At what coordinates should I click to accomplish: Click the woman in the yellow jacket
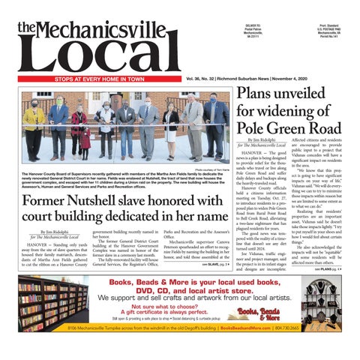pyautogui.click(x=34, y=124)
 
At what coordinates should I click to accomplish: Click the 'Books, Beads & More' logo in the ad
pyautogui.click(x=268, y=313)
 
